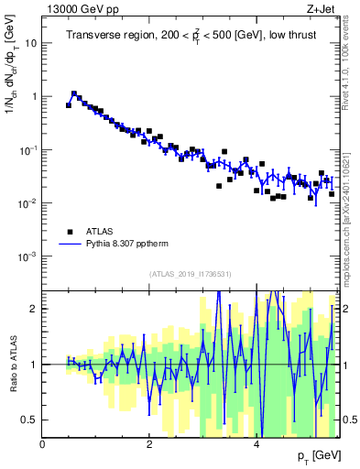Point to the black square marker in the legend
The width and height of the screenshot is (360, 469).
pos(70,232)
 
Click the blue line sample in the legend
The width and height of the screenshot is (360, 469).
pos(70,245)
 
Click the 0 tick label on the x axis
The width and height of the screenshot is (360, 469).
pos(43,444)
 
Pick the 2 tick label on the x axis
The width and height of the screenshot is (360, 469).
pos(149,444)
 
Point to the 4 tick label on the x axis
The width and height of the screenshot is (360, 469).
pos(256,444)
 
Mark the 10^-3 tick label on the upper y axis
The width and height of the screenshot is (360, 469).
pos(27,256)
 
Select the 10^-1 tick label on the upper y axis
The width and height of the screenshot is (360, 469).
pos(27,149)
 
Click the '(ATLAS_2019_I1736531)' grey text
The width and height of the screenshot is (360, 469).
pos(191,274)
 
